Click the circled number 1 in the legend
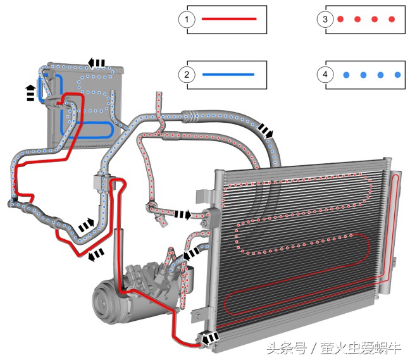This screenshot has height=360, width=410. tap(186, 20)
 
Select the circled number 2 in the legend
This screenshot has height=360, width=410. tap(186, 75)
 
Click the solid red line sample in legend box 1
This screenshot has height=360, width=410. tap(228, 20)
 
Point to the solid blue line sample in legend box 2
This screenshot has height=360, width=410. tap(228, 75)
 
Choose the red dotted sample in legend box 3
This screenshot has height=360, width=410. tap(366, 20)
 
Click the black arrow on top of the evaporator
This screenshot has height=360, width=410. tap(97, 62)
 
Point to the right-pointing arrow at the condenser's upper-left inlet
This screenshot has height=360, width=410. tap(183, 215)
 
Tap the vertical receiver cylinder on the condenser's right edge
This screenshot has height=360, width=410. tap(394, 228)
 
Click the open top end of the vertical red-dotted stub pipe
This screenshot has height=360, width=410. tap(158, 96)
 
